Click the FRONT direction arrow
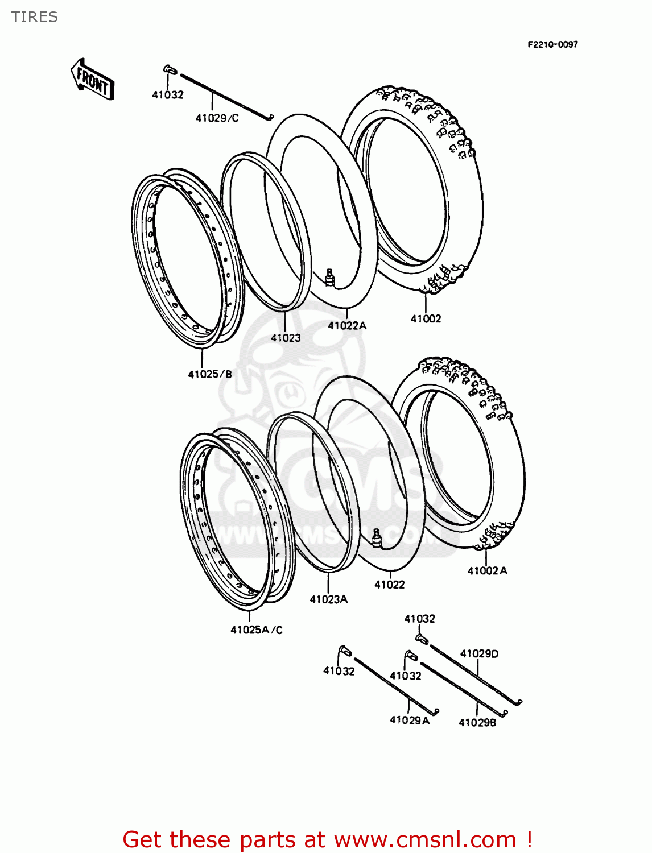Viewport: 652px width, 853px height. click(x=92, y=79)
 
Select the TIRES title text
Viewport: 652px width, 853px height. click(x=35, y=17)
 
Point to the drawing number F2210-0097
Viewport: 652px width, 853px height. click(x=552, y=45)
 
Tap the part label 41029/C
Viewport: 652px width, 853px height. click(x=217, y=118)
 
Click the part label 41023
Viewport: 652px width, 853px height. click(x=286, y=338)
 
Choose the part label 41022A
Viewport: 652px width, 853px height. click(x=347, y=326)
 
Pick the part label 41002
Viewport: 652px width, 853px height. click(x=426, y=319)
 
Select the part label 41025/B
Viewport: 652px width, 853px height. click(x=210, y=374)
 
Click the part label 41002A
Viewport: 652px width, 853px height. click(x=487, y=571)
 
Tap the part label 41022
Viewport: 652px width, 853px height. click(x=390, y=585)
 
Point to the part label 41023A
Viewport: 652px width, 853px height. click(x=328, y=599)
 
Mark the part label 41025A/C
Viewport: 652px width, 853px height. click(x=257, y=630)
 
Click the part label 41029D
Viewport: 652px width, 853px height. click(x=479, y=654)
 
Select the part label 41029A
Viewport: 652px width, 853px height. click(x=409, y=721)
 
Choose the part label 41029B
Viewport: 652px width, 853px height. click(x=477, y=723)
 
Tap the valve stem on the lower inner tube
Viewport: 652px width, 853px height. click(x=376, y=537)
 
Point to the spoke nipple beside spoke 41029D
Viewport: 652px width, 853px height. click(x=422, y=640)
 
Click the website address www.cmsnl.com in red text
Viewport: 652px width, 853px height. click(x=425, y=840)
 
